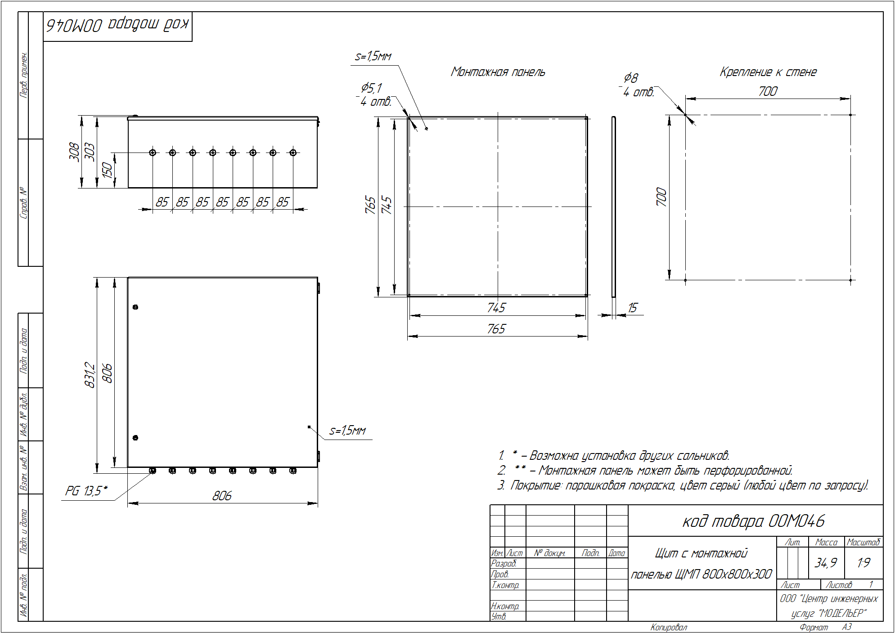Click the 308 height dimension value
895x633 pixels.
(x=74, y=152)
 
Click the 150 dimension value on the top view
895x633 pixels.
(x=107, y=170)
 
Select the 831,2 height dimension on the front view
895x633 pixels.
(x=90, y=375)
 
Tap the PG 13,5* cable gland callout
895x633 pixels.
(x=86, y=490)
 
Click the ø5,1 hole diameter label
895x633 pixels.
(x=371, y=88)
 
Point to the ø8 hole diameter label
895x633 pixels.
(x=631, y=78)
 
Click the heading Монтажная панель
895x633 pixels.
(x=498, y=72)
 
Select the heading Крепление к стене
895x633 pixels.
(x=768, y=72)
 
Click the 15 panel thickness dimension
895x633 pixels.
(x=632, y=308)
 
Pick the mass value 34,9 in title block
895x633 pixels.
(x=826, y=563)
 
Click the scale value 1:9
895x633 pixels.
(x=864, y=563)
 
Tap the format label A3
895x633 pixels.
(x=846, y=627)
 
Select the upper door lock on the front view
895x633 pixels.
(x=135, y=307)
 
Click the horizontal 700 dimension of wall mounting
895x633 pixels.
(x=768, y=91)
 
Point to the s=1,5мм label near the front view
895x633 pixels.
(x=347, y=431)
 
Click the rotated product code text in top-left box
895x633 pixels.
(x=118, y=25)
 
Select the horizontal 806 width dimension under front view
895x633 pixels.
(x=222, y=496)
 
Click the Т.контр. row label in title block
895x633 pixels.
(x=505, y=585)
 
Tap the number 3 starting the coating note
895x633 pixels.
(x=501, y=485)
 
